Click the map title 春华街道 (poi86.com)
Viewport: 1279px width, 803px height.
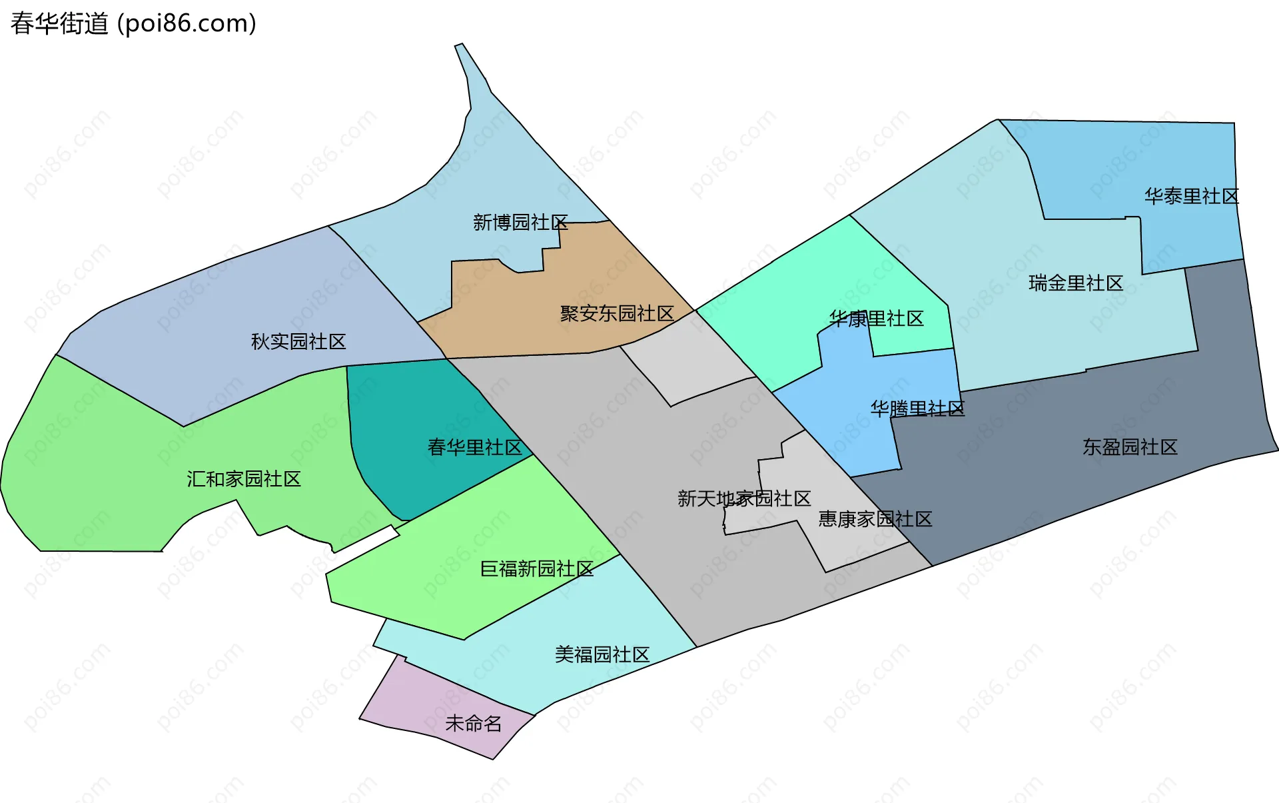point(133,24)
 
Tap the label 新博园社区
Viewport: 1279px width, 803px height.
point(520,223)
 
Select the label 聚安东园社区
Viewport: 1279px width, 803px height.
point(617,313)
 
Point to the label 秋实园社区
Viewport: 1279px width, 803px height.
point(298,342)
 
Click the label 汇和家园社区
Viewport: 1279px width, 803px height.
point(244,479)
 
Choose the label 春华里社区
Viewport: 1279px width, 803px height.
point(474,447)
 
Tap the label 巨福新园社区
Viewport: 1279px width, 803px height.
point(537,569)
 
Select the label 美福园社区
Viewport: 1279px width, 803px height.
point(602,655)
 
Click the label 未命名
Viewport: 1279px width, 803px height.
point(474,724)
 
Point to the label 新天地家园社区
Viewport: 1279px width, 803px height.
point(744,498)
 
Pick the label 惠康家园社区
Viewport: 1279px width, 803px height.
point(875,519)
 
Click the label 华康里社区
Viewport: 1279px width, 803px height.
point(877,319)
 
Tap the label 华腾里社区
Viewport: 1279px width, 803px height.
point(917,408)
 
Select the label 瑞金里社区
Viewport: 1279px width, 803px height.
point(1076,283)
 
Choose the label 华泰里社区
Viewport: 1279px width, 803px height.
point(1192,197)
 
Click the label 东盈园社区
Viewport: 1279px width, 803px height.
point(1130,447)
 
